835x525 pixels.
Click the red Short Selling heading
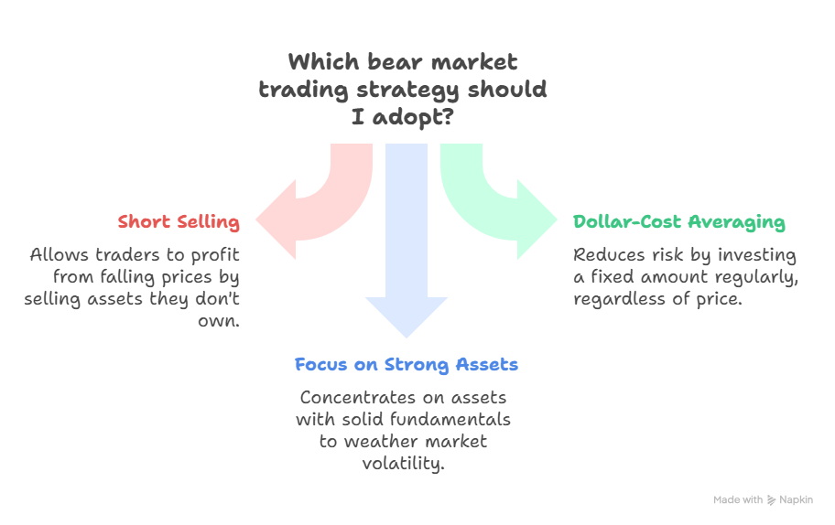179,222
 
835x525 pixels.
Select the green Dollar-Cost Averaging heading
678,222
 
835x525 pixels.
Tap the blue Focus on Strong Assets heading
406,365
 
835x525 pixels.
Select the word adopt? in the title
421,118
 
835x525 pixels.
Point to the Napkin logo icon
771,500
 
